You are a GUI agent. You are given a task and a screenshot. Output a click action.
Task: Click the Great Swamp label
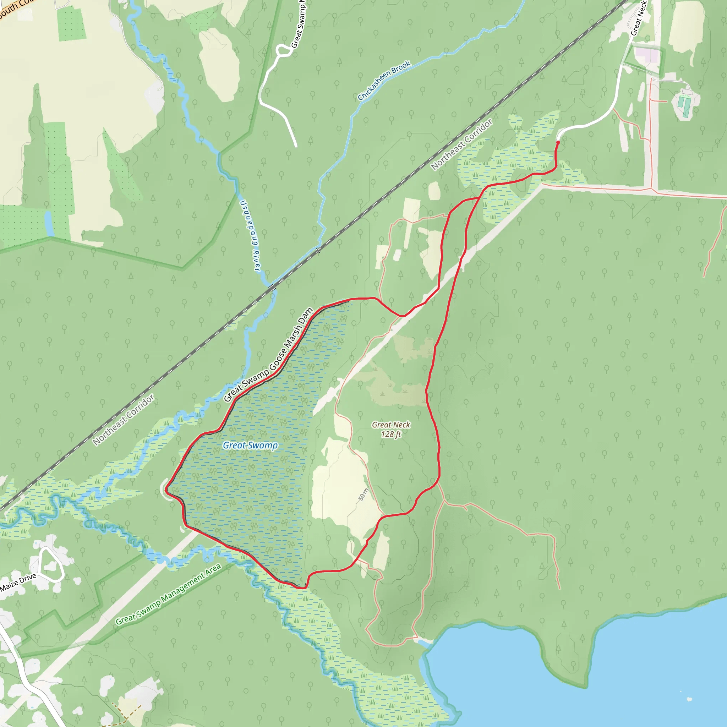click(250, 445)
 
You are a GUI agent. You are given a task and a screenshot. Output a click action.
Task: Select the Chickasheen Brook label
click(384, 81)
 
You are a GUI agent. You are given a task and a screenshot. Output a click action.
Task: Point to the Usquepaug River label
click(250, 236)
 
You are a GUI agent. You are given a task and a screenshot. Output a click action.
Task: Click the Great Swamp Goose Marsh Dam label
click(268, 355)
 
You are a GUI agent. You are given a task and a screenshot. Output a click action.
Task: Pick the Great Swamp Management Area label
click(168, 595)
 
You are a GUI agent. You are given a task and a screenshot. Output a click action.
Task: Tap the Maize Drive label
click(18, 582)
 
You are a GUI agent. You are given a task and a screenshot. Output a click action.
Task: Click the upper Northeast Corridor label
click(462, 144)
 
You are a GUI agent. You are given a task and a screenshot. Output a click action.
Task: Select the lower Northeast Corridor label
click(124, 420)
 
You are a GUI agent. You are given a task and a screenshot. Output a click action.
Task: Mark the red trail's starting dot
click(558, 143)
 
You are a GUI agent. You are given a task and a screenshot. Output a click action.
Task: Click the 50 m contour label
click(363, 494)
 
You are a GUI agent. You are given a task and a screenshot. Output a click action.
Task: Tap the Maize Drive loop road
click(50, 564)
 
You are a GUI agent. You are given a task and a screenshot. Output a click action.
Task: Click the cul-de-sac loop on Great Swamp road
click(282, 50)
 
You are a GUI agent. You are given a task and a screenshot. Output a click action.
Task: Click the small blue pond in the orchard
click(49, 224)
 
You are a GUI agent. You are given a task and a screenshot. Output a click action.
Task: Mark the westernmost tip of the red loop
click(166, 489)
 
